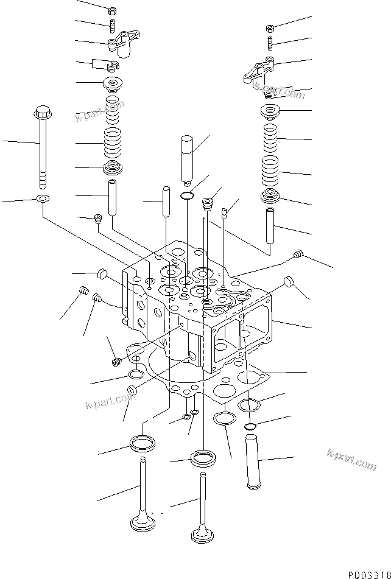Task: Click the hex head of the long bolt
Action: [x=43, y=113]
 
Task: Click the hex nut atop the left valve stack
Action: [x=113, y=11]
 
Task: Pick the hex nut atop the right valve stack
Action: [x=270, y=28]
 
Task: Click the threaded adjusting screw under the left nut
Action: [x=113, y=26]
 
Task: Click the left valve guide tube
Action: [x=113, y=196]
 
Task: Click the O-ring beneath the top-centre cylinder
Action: [x=188, y=196]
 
